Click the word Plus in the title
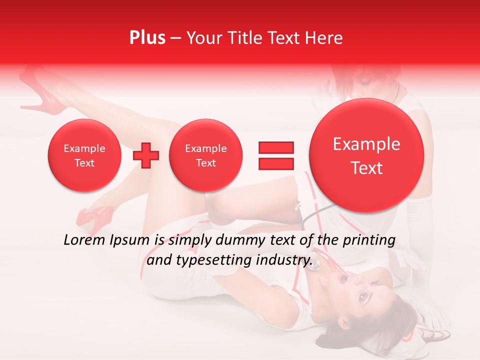[x=147, y=38]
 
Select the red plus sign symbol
[x=146, y=155]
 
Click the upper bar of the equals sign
[x=276, y=147]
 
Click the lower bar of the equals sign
[x=276, y=163]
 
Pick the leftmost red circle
[x=84, y=155]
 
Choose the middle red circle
[x=205, y=155]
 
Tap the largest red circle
[x=366, y=155]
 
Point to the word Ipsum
[x=130, y=241]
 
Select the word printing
[x=368, y=241]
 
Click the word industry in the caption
[x=283, y=260]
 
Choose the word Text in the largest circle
[x=366, y=168]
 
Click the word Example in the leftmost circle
[x=84, y=148]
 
